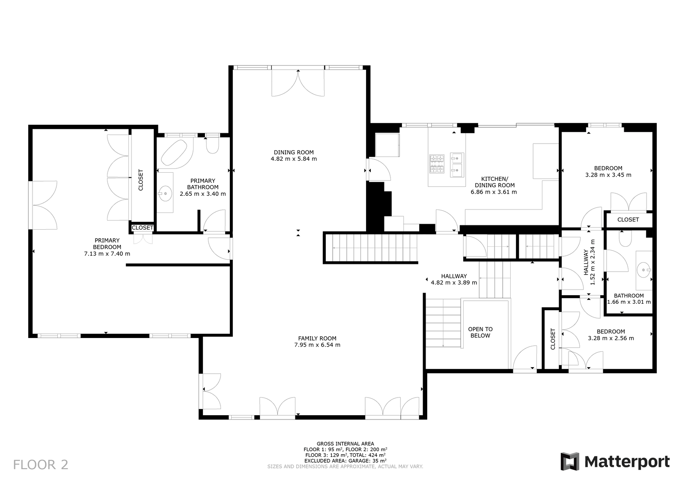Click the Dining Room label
coord(294,153)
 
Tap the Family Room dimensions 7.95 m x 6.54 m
coord(317,345)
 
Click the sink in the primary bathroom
coord(165,193)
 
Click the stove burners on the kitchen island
coord(437,164)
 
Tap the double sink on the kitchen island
coord(457,165)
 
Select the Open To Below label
coord(480,332)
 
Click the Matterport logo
coord(615,461)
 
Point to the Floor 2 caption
coord(41,464)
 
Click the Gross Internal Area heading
coord(345,444)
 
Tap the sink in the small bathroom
coord(644,270)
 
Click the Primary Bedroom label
coord(107,243)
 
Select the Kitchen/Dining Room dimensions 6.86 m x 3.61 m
coord(494,192)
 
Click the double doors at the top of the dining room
coord(298,83)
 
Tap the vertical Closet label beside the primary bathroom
coord(141,180)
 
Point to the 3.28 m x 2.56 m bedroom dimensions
coord(611,338)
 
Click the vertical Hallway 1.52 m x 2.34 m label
coord(589,262)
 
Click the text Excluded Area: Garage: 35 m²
coord(345,461)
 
